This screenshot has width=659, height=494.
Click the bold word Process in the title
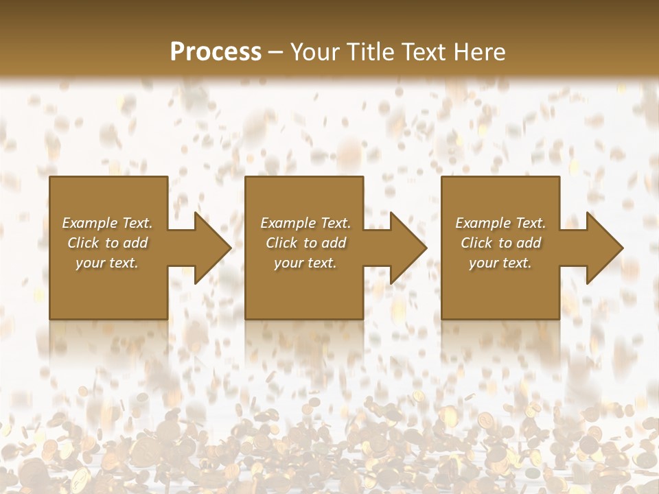tap(216, 52)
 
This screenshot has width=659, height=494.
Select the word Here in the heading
tap(480, 52)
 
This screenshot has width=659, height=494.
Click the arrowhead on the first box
tap(210, 248)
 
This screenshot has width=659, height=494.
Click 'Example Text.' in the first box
tap(107, 223)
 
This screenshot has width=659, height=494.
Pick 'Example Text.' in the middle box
tap(305, 223)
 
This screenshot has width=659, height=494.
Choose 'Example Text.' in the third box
tap(500, 223)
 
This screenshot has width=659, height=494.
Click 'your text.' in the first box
tap(107, 263)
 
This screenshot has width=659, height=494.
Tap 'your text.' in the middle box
tap(305, 263)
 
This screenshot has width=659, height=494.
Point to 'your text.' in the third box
tap(500, 263)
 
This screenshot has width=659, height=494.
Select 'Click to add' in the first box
tap(107, 243)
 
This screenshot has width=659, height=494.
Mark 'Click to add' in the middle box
tap(305, 243)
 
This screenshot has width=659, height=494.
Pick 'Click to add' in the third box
tap(500, 243)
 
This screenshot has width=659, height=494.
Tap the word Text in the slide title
tap(421, 52)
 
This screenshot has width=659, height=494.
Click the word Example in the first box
tap(89, 223)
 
